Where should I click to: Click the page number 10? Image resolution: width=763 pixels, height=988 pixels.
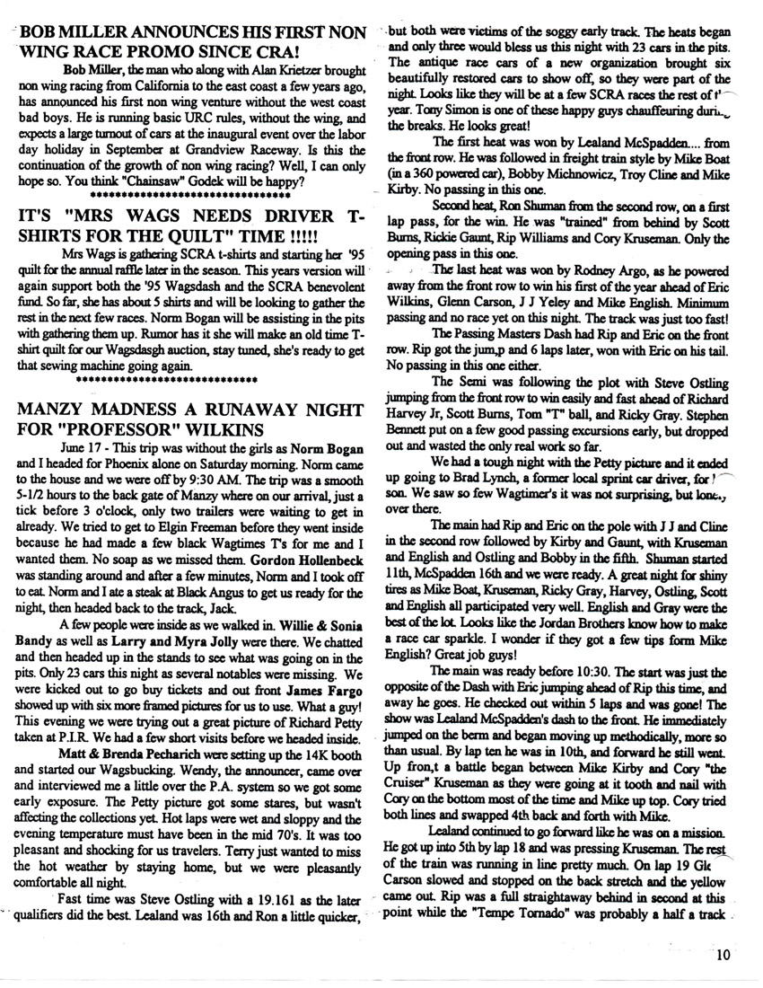tap(725, 956)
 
